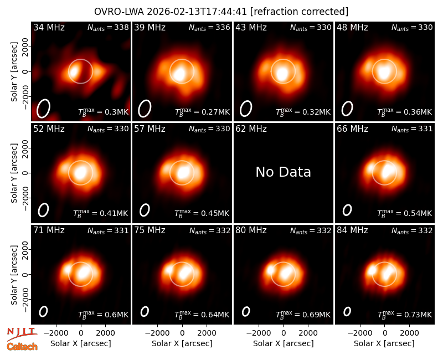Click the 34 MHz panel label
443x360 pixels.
tap(49, 27)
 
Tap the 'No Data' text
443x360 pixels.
tap(284, 172)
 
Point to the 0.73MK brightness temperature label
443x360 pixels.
tap(405, 314)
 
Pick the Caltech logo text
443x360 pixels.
tap(22, 347)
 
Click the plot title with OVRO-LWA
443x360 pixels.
tap(221, 12)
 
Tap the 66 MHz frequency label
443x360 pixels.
tap(352, 129)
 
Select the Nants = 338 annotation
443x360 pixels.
tap(108, 27)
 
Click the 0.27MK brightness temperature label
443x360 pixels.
tap(202, 112)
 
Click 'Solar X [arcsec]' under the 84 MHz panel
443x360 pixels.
tap(384, 343)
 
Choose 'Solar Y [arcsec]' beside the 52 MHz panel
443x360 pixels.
tap(14, 173)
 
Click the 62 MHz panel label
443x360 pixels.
tap(251, 129)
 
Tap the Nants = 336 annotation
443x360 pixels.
tap(209, 27)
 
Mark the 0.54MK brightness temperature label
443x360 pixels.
tap(405, 213)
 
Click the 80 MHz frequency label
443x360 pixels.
tap(251, 230)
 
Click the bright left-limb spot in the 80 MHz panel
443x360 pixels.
tap(270, 270)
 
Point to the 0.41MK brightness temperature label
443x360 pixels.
tap(101, 213)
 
